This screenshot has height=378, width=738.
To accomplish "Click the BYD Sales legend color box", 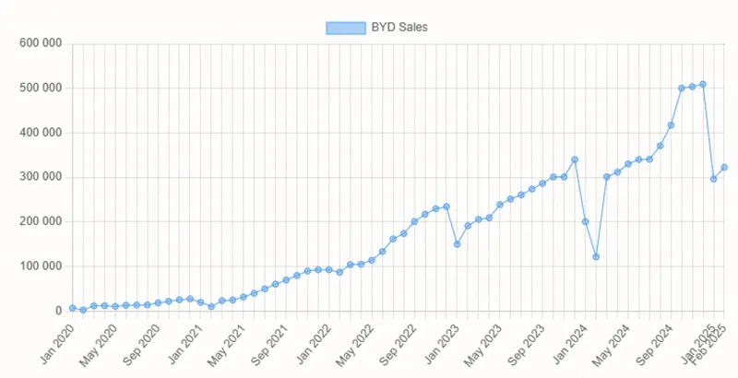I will click(345, 28).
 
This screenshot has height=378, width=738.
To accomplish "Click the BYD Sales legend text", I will click(400, 28).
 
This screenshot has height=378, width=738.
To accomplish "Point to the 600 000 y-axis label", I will click(39, 43).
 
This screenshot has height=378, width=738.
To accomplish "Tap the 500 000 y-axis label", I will click(39, 88).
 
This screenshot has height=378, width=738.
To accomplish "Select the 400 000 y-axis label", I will click(39, 133).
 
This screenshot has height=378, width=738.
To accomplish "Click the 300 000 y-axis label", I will click(39, 177).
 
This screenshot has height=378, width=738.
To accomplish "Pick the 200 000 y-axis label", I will click(39, 221).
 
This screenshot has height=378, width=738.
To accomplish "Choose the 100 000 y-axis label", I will click(39, 266).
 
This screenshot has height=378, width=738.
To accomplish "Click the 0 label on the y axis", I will click(57, 311).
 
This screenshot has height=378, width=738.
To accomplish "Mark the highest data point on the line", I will click(703, 84).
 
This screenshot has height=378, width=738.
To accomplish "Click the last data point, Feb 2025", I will click(724, 167).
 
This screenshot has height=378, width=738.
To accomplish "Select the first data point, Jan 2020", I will click(72, 308).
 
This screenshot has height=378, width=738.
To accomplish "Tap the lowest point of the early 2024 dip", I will click(596, 256).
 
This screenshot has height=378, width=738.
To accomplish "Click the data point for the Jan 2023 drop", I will click(458, 243).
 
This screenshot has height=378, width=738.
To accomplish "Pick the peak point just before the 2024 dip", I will click(575, 159).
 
